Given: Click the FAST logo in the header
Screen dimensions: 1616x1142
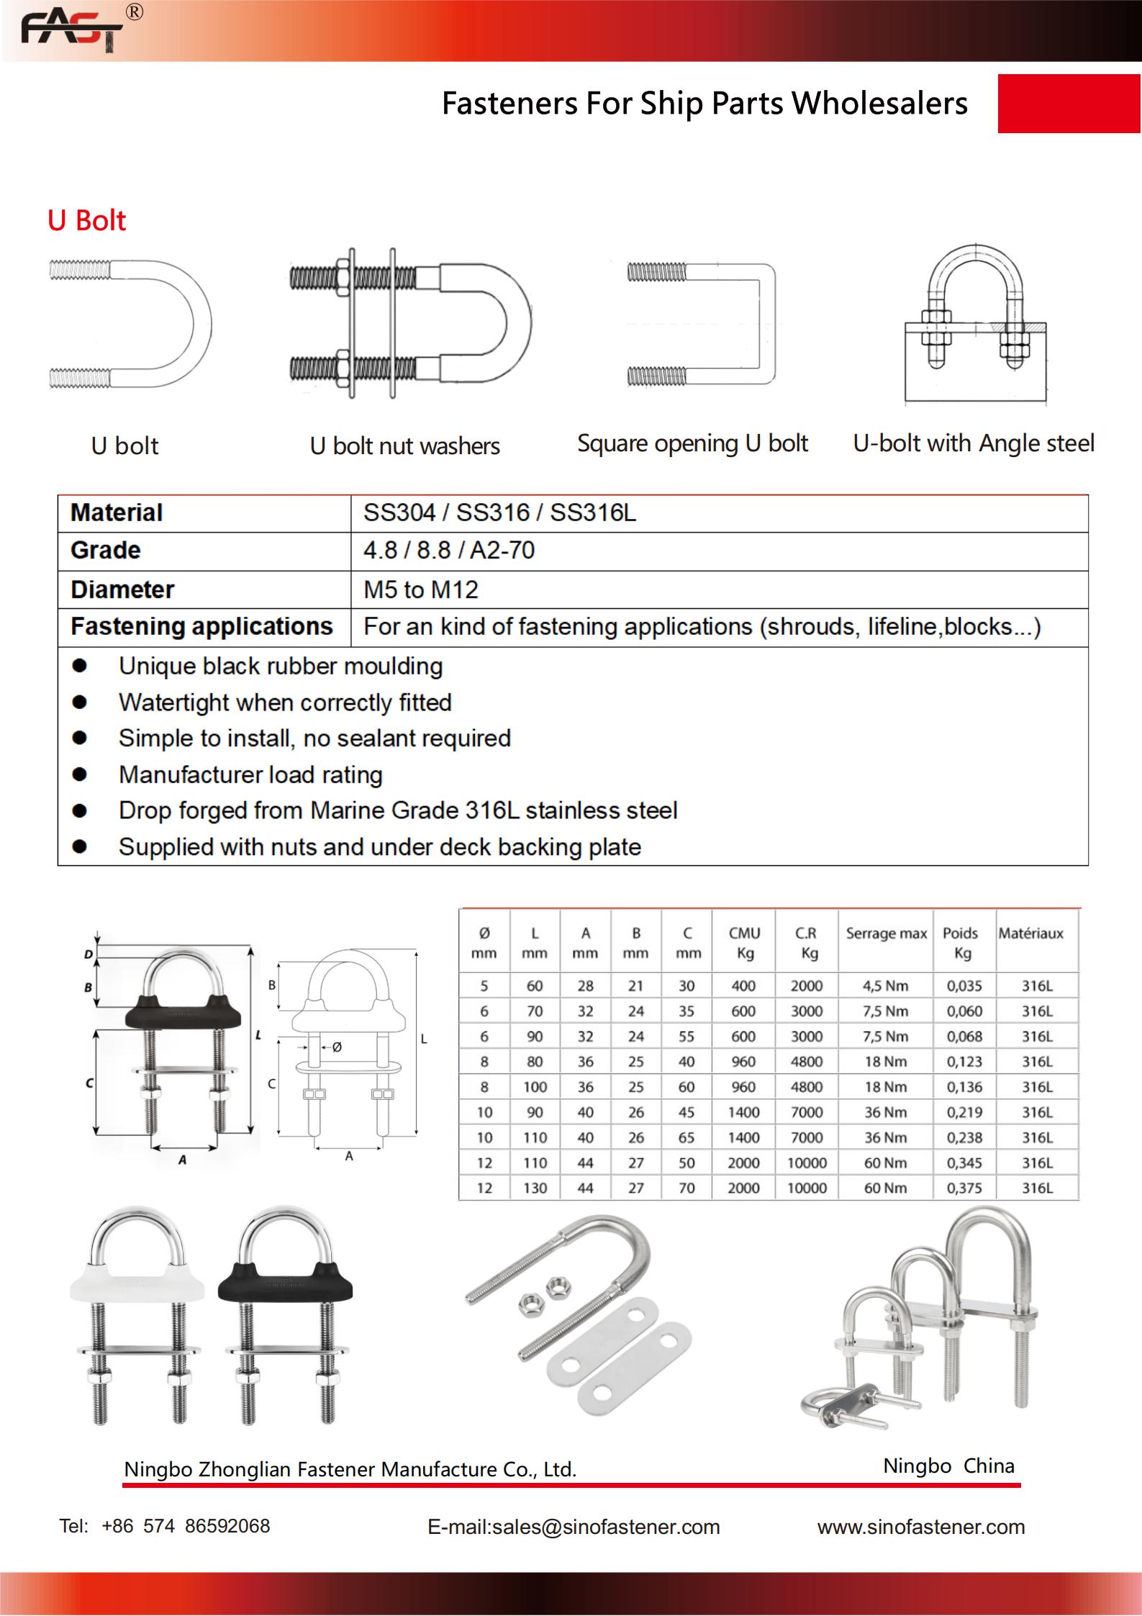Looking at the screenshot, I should [x=72, y=30].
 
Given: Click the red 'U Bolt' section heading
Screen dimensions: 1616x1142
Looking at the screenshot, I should [x=86, y=220].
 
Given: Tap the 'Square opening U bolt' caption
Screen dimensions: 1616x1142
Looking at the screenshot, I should [x=692, y=443].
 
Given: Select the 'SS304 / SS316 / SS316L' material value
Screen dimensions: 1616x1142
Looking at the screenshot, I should [x=499, y=513].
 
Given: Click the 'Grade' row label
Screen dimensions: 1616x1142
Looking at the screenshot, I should [x=105, y=551].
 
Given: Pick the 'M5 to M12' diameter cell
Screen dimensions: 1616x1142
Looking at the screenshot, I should [x=420, y=590].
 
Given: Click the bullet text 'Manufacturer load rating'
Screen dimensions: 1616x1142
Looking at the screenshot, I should [x=250, y=775].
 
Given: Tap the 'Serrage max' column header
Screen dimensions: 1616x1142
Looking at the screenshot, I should [x=886, y=934].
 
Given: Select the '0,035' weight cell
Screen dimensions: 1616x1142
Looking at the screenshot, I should [x=964, y=986].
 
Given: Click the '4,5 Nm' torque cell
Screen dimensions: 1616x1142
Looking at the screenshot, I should [x=886, y=986].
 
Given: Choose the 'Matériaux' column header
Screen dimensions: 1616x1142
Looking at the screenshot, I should [x=1030, y=934].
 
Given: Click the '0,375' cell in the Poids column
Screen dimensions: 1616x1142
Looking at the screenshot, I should [x=964, y=1188].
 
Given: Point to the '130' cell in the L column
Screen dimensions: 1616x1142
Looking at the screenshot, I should [x=535, y=1188].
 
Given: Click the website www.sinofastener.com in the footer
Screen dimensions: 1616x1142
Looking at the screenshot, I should [x=920, y=1527].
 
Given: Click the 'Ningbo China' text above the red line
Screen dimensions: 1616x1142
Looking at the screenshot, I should [x=948, y=1466].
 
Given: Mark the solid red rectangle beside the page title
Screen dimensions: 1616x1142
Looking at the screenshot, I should [x=1069, y=104].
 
